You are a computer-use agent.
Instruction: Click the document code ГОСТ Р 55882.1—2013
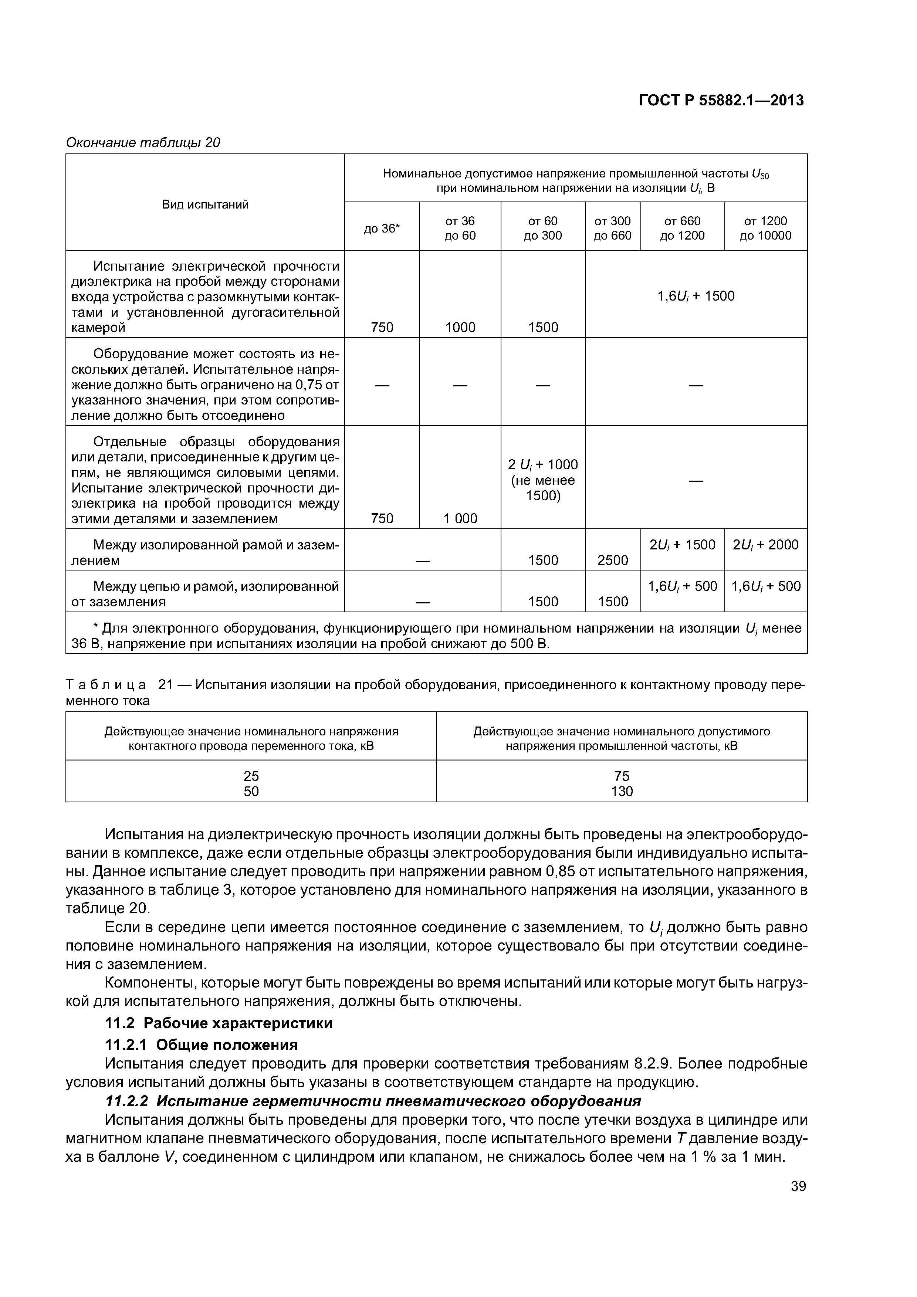[721, 101]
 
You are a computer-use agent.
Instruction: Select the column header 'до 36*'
[382, 228]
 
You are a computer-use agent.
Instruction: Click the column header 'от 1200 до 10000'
[765, 228]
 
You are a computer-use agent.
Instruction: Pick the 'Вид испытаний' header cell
[205, 204]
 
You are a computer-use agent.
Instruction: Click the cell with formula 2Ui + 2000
[765, 545]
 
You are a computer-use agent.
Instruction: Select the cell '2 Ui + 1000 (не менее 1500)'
[543, 480]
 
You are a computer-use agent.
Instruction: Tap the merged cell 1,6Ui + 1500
[696, 296]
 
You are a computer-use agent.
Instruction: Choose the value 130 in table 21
[622, 792]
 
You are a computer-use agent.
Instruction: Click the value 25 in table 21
[251, 776]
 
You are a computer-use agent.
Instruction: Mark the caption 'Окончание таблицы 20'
[143, 143]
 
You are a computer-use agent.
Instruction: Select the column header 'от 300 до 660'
[613, 228]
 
